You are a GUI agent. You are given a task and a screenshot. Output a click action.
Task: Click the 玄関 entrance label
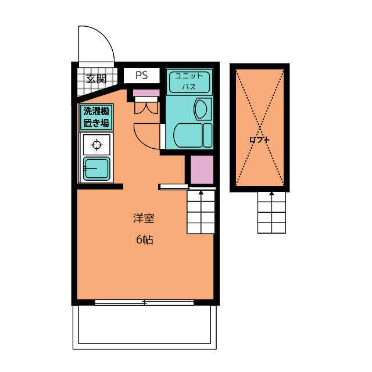click(96, 78)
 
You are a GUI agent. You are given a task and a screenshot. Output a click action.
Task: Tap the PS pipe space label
click(142, 75)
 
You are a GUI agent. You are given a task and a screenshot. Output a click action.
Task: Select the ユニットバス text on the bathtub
click(189, 81)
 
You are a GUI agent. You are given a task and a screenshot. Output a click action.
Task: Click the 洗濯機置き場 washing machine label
click(96, 117)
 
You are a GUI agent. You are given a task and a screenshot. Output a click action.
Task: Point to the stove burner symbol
click(96, 145)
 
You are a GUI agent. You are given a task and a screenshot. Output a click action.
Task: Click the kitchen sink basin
click(96, 169)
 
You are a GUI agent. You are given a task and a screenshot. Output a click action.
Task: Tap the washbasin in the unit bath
click(201, 109)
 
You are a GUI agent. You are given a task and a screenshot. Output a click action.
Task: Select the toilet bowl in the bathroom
click(188, 135)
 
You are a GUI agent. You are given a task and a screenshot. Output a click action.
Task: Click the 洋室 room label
click(144, 219)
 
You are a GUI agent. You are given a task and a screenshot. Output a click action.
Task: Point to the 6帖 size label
click(145, 239)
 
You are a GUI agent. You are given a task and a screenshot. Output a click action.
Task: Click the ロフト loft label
click(260, 140)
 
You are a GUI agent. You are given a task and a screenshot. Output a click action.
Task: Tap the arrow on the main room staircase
click(201, 212)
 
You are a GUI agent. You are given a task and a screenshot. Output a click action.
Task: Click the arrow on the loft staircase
click(271, 212)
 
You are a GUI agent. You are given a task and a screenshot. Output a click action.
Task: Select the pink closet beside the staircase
click(202, 169)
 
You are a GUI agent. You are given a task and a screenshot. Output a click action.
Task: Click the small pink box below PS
click(146, 93)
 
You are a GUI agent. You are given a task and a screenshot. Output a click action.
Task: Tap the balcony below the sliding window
click(145, 327)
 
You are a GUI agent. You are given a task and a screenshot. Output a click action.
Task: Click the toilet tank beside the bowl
click(208, 135)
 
